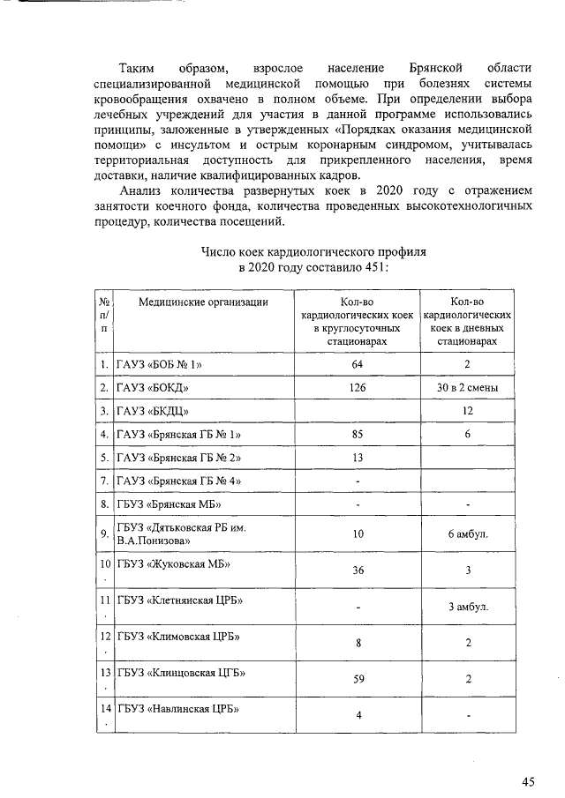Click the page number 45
click(528, 780)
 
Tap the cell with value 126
click(358, 387)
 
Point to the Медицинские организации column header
click(203, 302)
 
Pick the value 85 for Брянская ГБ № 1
click(358, 435)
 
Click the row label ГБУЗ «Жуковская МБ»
click(169, 563)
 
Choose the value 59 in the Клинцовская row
click(358, 679)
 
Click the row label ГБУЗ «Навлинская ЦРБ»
click(178, 708)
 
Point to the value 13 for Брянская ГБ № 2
click(358, 459)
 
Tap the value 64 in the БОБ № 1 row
click(358, 363)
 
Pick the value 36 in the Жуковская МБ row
click(358, 571)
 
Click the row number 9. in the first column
click(104, 533)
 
